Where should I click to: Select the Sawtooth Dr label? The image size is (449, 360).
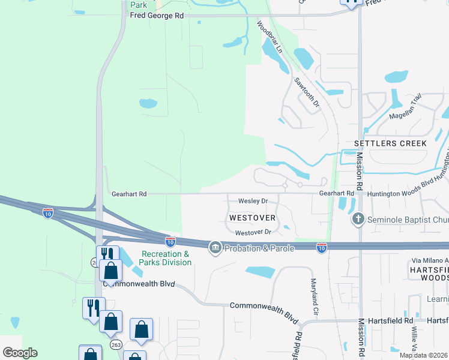pyautogui.click(x=307, y=92)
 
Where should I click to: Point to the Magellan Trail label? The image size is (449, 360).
pyautogui.click(x=406, y=115)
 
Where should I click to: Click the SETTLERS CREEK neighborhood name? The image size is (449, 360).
pyautogui.click(x=390, y=143)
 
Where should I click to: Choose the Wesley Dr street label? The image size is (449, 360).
pyautogui.click(x=253, y=201)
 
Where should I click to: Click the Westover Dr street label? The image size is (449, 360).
pyautogui.click(x=254, y=232)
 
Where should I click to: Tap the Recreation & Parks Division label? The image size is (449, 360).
pyautogui.click(x=166, y=258)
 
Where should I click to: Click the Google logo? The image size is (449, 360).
pyautogui.click(x=20, y=353)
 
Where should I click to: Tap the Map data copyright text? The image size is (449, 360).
pyautogui.click(x=423, y=355)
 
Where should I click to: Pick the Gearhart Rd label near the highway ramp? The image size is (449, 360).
pyautogui.click(x=129, y=194)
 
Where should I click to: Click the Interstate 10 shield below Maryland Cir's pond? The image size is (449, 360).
pyautogui.click(x=322, y=247)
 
